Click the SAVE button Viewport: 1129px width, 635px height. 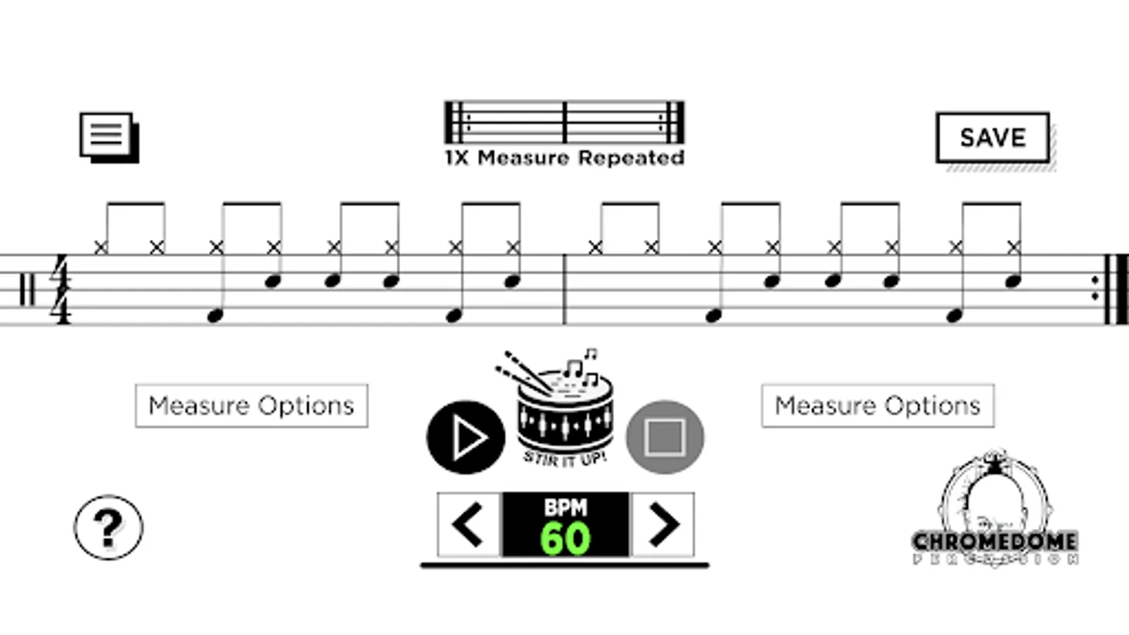pos(992,138)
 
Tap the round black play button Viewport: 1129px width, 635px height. pos(466,437)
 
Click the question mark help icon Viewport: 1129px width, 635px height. pos(109,527)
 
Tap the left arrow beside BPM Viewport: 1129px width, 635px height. pos(469,524)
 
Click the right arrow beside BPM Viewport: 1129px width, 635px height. pos(663,524)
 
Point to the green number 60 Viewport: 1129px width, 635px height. pos(565,539)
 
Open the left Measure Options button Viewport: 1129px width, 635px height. pos(251,406)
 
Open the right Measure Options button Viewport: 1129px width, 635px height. pos(878,406)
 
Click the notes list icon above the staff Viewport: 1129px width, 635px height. pos(108,137)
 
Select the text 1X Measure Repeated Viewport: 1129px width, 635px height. pos(564,157)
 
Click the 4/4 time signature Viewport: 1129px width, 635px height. pos(61,290)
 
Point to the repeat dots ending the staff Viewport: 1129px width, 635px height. pos(1095,289)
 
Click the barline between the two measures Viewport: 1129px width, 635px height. pos(564,289)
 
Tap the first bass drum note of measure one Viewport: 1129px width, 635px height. pos(215,316)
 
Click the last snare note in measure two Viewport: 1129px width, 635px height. pos(1013,282)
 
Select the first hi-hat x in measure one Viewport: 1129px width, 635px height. pos(101,247)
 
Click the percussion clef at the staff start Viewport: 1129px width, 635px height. pos(27,290)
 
